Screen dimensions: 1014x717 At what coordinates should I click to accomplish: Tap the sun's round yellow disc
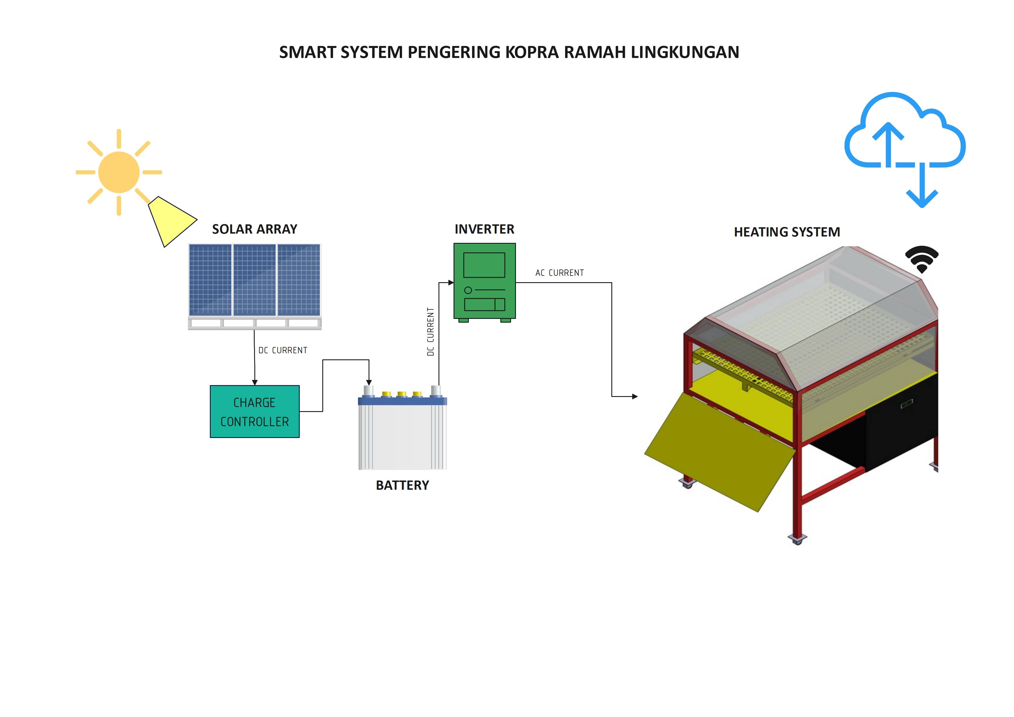point(119,172)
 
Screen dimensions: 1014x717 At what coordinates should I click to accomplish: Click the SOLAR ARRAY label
point(255,229)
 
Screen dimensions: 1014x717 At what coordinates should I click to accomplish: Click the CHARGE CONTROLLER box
point(255,412)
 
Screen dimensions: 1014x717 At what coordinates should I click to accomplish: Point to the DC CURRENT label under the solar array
point(283,350)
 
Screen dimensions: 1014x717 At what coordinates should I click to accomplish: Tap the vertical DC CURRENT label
point(431,332)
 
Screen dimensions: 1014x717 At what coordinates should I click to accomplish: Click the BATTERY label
point(402,485)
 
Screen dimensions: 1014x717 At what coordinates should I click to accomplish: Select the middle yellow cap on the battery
point(401,393)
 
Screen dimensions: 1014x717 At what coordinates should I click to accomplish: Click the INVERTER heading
point(484,229)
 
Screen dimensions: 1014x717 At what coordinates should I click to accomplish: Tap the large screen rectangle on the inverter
point(484,265)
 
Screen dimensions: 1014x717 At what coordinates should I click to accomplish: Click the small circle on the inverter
point(468,290)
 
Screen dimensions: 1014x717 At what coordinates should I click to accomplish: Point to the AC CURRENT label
point(560,273)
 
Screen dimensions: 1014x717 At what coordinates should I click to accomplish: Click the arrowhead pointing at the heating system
point(635,397)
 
